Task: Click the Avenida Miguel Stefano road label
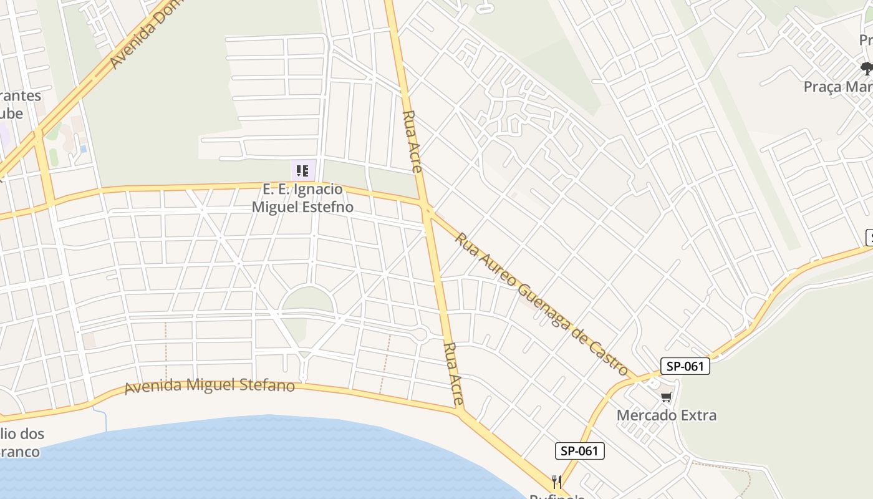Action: click(x=210, y=386)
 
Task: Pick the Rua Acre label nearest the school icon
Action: click(x=413, y=141)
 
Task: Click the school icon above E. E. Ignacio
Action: click(x=302, y=170)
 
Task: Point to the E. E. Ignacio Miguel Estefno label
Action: click(x=302, y=198)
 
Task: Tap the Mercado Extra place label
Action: click(x=666, y=415)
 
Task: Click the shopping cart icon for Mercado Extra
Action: click(x=667, y=397)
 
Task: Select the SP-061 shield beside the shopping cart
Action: click(x=685, y=366)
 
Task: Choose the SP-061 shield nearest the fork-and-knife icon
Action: click(x=579, y=451)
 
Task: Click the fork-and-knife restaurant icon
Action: click(x=557, y=482)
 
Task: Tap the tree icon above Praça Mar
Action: click(x=866, y=67)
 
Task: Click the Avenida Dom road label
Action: click(x=135, y=37)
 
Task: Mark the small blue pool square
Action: click(x=83, y=149)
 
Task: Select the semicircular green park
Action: click(x=307, y=301)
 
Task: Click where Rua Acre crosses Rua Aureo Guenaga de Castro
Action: click(x=427, y=206)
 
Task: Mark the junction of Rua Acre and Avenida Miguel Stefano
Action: click(x=460, y=410)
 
